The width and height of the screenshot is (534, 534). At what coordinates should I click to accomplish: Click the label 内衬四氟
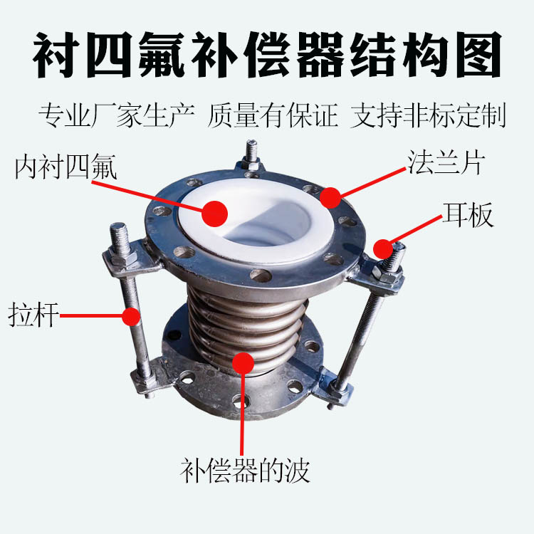(x=66, y=167)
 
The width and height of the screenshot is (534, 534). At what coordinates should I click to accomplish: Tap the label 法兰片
(x=446, y=163)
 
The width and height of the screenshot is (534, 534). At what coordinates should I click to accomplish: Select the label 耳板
(x=468, y=215)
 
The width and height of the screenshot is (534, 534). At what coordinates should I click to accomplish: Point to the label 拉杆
(x=33, y=315)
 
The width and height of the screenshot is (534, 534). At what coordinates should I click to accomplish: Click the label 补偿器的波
(x=245, y=471)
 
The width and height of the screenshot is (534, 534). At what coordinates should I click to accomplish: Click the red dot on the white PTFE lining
(x=214, y=214)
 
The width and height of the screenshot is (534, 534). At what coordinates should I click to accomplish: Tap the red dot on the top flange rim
(x=330, y=197)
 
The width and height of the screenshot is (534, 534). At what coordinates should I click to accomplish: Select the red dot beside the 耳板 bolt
(x=384, y=249)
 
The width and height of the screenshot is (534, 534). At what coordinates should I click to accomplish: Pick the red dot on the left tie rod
(x=131, y=316)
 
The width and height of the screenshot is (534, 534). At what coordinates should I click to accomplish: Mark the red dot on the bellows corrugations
(x=244, y=363)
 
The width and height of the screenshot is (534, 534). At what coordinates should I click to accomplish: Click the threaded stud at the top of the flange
(x=251, y=152)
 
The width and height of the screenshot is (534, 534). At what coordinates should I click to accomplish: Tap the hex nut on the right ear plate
(x=386, y=273)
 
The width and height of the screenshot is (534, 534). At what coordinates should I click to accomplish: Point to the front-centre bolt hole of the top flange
(x=261, y=275)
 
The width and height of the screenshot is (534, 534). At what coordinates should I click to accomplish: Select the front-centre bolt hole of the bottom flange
(x=241, y=402)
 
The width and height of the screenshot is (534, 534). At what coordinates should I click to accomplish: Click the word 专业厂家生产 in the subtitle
(x=117, y=115)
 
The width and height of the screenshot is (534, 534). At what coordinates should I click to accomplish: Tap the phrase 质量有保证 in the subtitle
(x=273, y=115)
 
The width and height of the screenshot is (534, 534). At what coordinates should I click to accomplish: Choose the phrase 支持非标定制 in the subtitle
(x=428, y=115)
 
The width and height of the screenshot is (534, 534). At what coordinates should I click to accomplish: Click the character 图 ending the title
(x=479, y=55)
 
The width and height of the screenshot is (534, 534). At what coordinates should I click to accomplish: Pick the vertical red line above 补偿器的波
(x=242, y=414)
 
